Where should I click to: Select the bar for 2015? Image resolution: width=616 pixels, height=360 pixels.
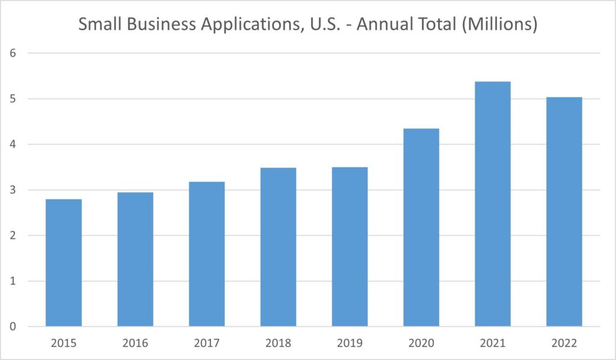tap(64, 263)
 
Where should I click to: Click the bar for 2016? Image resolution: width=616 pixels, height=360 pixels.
tap(135, 259)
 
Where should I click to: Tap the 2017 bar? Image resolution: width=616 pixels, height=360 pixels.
tap(207, 254)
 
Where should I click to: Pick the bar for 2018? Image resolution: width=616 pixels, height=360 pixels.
tap(279, 247)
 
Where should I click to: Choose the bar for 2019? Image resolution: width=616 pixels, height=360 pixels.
tap(350, 247)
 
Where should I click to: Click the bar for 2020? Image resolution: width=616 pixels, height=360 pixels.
tap(421, 228)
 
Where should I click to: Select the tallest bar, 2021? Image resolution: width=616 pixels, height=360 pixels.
tap(493, 204)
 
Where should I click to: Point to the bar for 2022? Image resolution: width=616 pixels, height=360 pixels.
tap(564, 212)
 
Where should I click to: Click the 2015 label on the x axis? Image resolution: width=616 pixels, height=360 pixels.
tap(64, 343)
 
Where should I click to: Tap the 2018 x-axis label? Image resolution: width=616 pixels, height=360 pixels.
tap(279, 343)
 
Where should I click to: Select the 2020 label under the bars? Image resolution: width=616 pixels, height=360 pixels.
tap(421, 343)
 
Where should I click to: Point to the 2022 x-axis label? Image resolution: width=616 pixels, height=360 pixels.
tap(564, 343)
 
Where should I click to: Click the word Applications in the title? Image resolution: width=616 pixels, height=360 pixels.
tap(241, 26)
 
